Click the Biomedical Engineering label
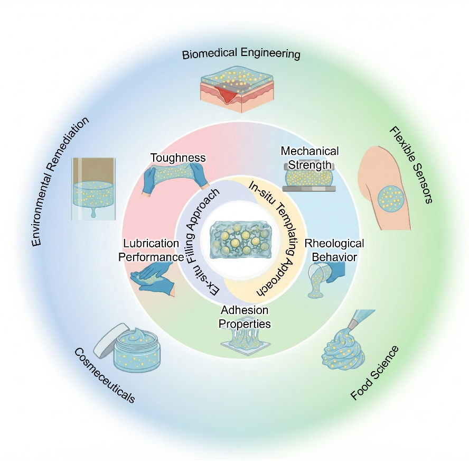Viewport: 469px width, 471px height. (241, 54)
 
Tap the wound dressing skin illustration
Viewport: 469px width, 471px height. (237, 89)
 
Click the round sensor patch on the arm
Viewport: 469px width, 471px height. (390, 198)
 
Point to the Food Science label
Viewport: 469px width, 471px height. (374, 373)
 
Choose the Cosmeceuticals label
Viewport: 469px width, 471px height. (105, 375)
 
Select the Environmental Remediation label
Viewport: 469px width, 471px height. (60, 181)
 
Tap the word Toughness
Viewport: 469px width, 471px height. (178, 158)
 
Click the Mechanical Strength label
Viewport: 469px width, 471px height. (309, 158)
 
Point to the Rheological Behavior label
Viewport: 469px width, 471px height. (334, 250)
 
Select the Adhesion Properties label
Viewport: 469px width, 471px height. (245, 317)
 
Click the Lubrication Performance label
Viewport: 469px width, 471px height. (151, 250)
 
